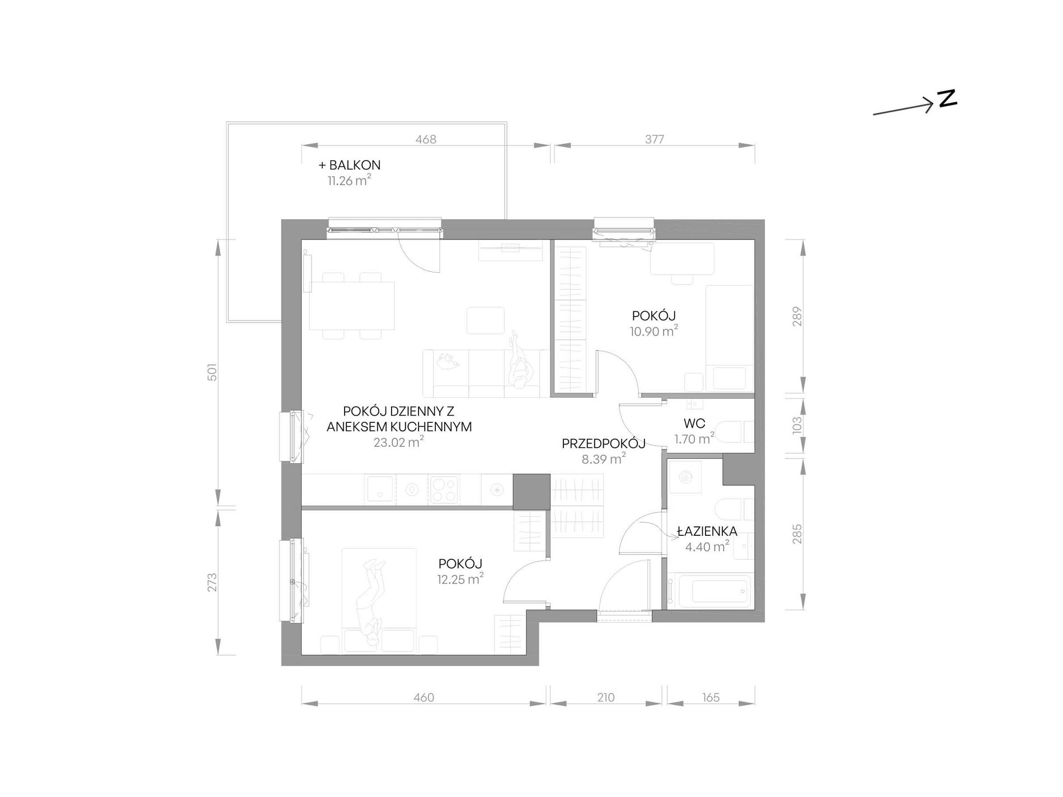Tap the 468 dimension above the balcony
426,139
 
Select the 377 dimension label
654,139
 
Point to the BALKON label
355,165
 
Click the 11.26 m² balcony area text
350,180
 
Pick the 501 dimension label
211,372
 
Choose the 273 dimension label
211,582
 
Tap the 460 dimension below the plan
424,697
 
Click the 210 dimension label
605,697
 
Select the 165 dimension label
711,697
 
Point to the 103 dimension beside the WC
797,425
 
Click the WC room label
694,423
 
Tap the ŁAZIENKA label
707,531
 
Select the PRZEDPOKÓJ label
604,444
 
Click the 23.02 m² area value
398,442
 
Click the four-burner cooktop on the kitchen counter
444,490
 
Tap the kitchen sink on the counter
380,490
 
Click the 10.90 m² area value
654,331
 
